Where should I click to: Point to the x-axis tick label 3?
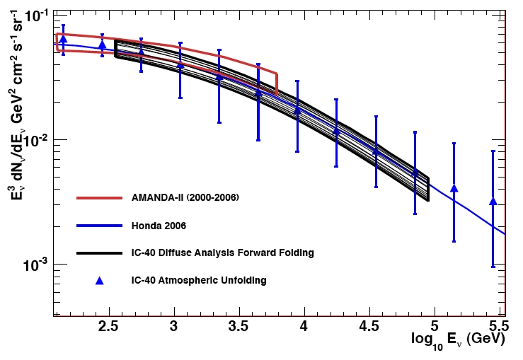174,327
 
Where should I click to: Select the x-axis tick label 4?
304,327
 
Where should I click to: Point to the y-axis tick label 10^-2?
35,140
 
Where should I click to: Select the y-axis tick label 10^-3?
35,265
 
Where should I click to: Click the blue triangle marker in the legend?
99,280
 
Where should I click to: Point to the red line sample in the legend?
99,197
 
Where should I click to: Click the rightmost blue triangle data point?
493,202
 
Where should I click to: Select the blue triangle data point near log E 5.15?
454,188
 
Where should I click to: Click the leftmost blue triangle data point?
63,39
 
